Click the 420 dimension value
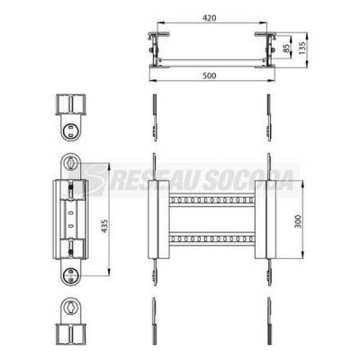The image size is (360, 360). point(209,18)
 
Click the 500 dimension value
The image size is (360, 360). point(209,76)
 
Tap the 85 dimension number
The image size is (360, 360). point(286,49)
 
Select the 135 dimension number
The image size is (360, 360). point(302,48)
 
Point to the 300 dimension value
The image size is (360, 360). point(298,221)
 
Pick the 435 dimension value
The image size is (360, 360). point(104,226)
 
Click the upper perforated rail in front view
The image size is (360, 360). point(211,200)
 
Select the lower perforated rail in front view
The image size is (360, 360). point(211,239)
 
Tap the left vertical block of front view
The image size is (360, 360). point(158,220)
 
